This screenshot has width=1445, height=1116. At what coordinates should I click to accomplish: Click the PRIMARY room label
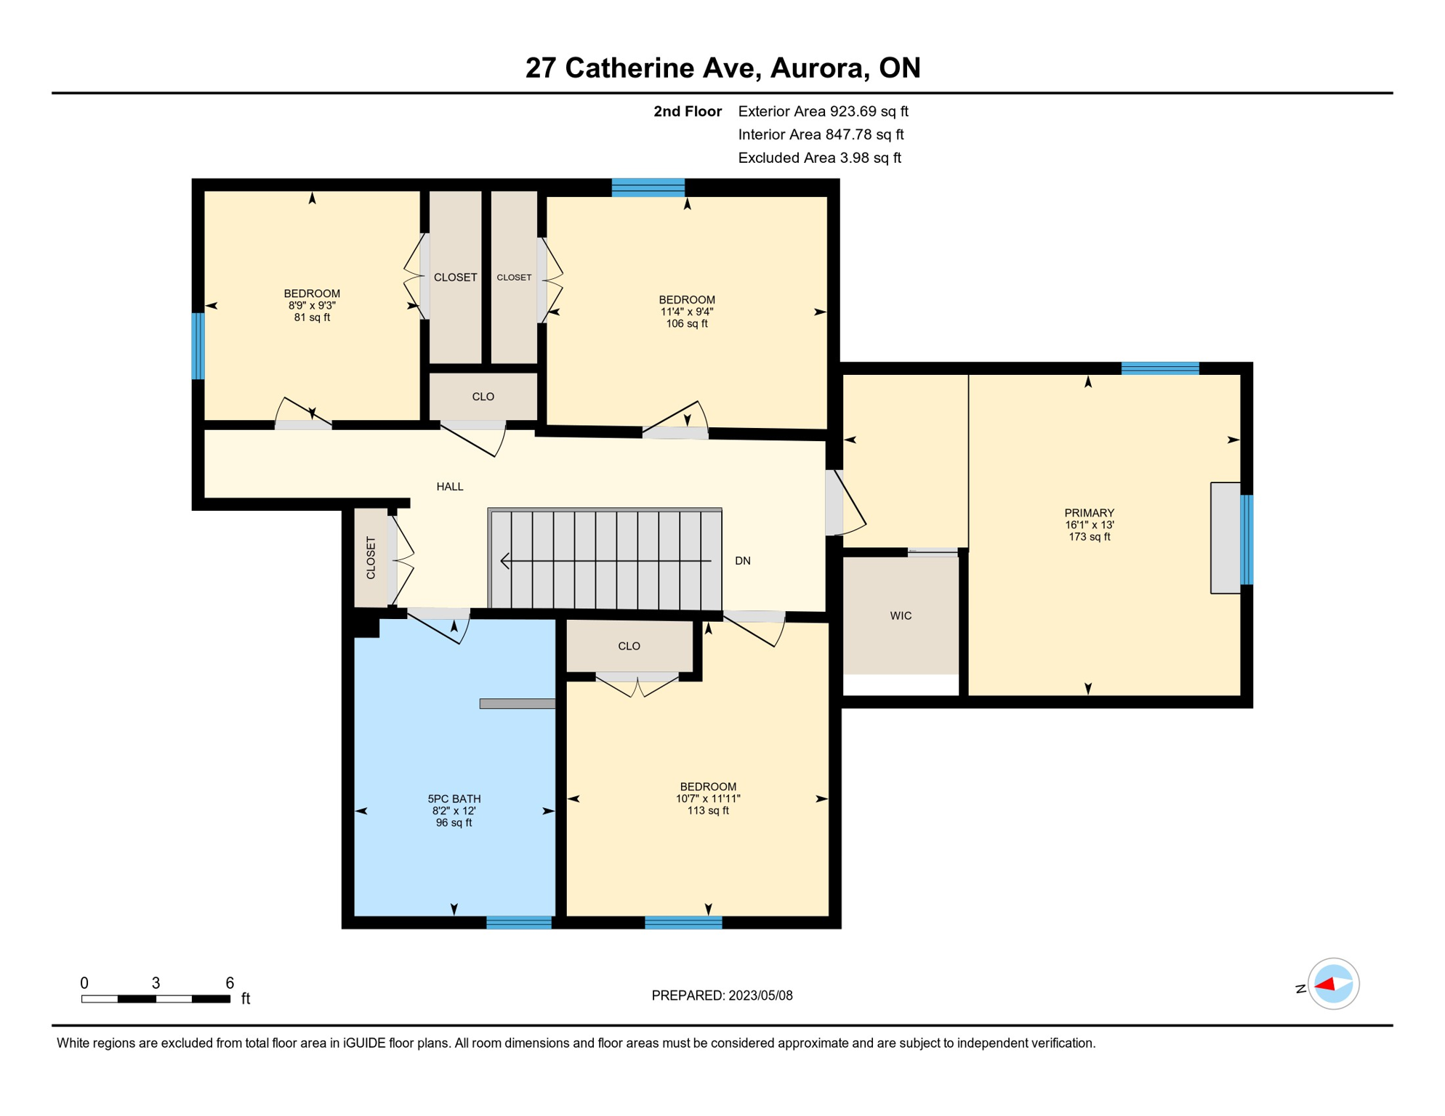click(1089, 512)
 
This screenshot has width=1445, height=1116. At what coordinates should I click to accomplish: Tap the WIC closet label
click(901, 615)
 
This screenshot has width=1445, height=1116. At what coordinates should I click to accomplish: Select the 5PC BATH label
click(454, 798)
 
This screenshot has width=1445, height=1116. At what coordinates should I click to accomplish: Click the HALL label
click(449, 486)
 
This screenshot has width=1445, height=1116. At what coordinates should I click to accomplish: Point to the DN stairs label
click(742, 560)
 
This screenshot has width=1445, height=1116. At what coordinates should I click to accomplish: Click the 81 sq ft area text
click(312, 318)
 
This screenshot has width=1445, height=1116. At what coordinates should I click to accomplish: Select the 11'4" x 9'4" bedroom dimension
click(686, 312)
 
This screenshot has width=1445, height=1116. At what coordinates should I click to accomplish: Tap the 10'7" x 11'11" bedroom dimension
click(707, 798)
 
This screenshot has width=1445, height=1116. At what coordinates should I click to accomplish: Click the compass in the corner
click(1332, 984)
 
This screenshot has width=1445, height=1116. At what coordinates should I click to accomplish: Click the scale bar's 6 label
click(230, 982)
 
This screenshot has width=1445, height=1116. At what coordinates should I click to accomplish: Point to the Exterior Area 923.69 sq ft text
click(823, 111)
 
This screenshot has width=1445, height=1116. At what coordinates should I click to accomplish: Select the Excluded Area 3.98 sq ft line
click(819, 158)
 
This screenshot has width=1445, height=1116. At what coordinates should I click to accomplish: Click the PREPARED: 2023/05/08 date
click(722, 995)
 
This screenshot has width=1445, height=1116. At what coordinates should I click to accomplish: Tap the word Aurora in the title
click(818, 68)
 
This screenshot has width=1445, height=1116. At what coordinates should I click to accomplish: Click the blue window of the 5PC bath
click(518, 923)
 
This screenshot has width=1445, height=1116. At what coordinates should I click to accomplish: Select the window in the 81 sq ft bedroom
click(198, 346)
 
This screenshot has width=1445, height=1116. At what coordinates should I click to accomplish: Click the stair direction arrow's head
click(504, 561)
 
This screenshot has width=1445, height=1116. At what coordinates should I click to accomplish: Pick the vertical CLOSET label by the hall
click(371, 557)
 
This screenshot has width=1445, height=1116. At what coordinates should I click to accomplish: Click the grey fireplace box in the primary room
click(1225, 538)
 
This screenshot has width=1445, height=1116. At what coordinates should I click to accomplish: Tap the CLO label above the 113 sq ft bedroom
click(629, 646)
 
